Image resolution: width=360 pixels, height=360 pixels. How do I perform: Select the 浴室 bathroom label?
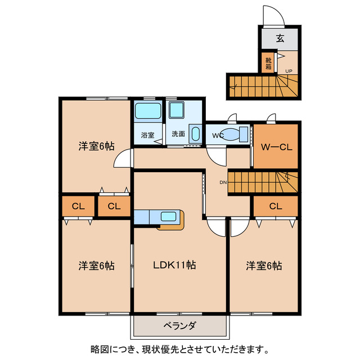point(147,135)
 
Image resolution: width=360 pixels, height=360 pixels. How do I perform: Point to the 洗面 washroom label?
point(178,135)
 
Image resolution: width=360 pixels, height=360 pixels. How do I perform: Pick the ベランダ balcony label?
point(180,326)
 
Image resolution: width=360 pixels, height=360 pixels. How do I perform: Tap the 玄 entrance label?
point(280,39)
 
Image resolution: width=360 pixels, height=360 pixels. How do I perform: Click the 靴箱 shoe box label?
point(268,63)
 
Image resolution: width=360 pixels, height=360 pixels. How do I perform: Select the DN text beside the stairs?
point(222,182)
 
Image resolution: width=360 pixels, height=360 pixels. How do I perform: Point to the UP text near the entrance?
point(289,71)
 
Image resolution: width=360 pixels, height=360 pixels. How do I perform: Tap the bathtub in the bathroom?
point(148,111)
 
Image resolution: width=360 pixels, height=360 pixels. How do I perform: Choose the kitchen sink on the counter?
point(168,216)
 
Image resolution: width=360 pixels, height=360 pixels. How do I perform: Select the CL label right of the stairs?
point(275,206)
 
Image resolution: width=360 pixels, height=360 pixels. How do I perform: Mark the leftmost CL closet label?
point(78,206)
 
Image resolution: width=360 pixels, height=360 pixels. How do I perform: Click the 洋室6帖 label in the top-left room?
point(96,146)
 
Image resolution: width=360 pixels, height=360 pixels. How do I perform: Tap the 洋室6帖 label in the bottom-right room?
point(263,265)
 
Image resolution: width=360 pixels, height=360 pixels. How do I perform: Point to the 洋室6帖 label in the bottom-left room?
point(96,265)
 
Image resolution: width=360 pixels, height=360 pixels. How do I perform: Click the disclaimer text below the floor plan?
point(179,348)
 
